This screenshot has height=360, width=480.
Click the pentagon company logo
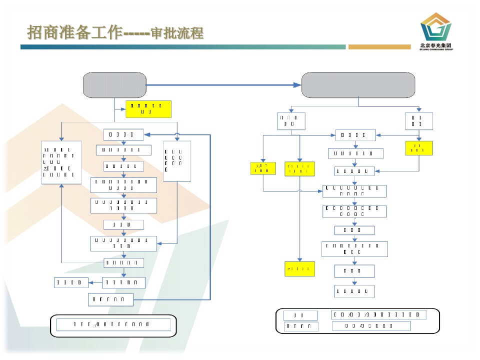coord(435,28)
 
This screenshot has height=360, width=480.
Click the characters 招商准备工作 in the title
coord(75,33)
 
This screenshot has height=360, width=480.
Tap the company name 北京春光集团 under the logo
coord(435,45)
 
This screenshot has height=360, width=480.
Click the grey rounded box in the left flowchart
coord(114,85)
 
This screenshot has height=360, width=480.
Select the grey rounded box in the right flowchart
coord(358,85)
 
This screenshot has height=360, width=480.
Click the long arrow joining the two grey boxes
coord(224,85)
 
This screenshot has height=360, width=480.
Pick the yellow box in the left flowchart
coord(148,108)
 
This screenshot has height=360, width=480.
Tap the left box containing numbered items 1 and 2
coord(61,162)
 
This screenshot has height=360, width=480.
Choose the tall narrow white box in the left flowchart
coord(177,161)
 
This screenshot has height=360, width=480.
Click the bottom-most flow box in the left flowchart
coord(111,299)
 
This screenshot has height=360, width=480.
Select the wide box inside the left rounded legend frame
coord(113,324)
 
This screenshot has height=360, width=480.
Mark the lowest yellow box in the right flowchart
coord(299,269)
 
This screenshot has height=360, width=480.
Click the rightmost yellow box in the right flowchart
coord(418,148)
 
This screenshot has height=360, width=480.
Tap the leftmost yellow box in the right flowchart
coord(263,168)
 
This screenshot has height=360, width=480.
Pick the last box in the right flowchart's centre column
coord(354,291)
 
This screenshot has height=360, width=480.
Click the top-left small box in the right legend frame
coord(300,315)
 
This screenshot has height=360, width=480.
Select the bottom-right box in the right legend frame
coord(371,326)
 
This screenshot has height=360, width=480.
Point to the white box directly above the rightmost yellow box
coord(418,121)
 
